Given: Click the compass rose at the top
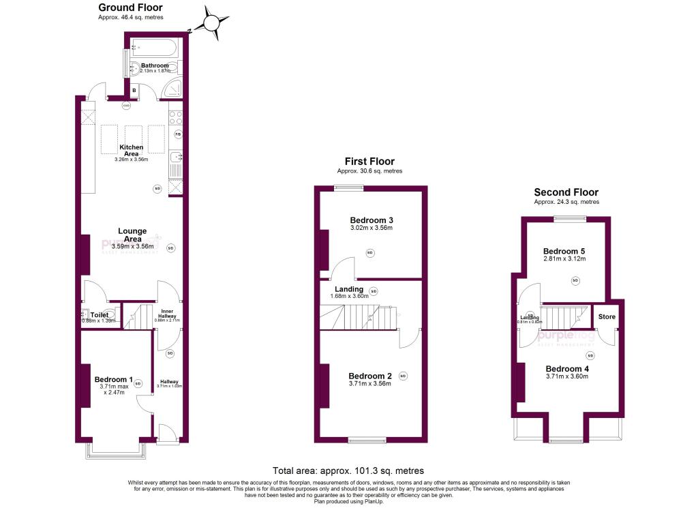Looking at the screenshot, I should [212, 23].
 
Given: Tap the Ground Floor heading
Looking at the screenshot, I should [130, 8].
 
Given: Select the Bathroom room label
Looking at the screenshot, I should [155, 65].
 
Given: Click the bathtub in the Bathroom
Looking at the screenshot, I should [153, 48].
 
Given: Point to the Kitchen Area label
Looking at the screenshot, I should [132, 151].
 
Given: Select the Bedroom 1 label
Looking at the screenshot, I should [113, 380].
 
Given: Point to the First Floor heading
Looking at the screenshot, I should [369, 162].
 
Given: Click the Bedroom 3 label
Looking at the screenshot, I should [371, 220].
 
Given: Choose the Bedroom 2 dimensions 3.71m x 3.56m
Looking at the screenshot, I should [370, 383].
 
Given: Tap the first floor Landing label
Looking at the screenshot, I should [348, 289].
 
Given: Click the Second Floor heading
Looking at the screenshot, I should [566, 192].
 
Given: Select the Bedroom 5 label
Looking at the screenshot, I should [565, 251].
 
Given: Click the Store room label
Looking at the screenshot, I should [607, 317].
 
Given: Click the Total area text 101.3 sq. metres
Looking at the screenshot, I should [348, 470].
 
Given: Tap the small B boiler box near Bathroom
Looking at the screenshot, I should [134, 90].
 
